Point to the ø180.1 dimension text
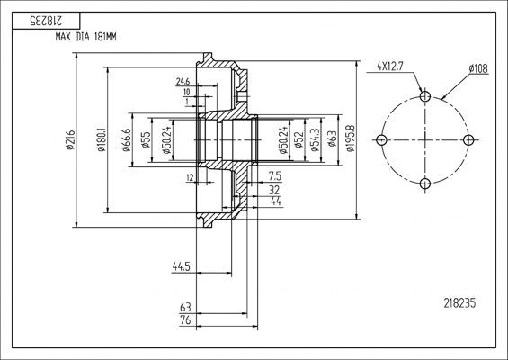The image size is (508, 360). click(105, 139)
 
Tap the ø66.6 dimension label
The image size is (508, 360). click(129, 139)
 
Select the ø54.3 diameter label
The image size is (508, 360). click(314, 139)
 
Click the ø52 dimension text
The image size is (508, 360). click(298, 139)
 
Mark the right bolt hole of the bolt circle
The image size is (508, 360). click(468, 139)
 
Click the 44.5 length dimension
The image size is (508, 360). click(183, 266)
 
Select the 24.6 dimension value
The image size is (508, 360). click(183, 81)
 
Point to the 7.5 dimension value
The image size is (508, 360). click(274, 176)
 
